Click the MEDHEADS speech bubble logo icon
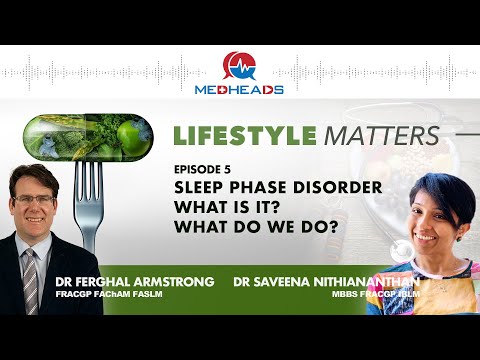239,66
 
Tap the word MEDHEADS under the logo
239,90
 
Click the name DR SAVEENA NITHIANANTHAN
326,282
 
